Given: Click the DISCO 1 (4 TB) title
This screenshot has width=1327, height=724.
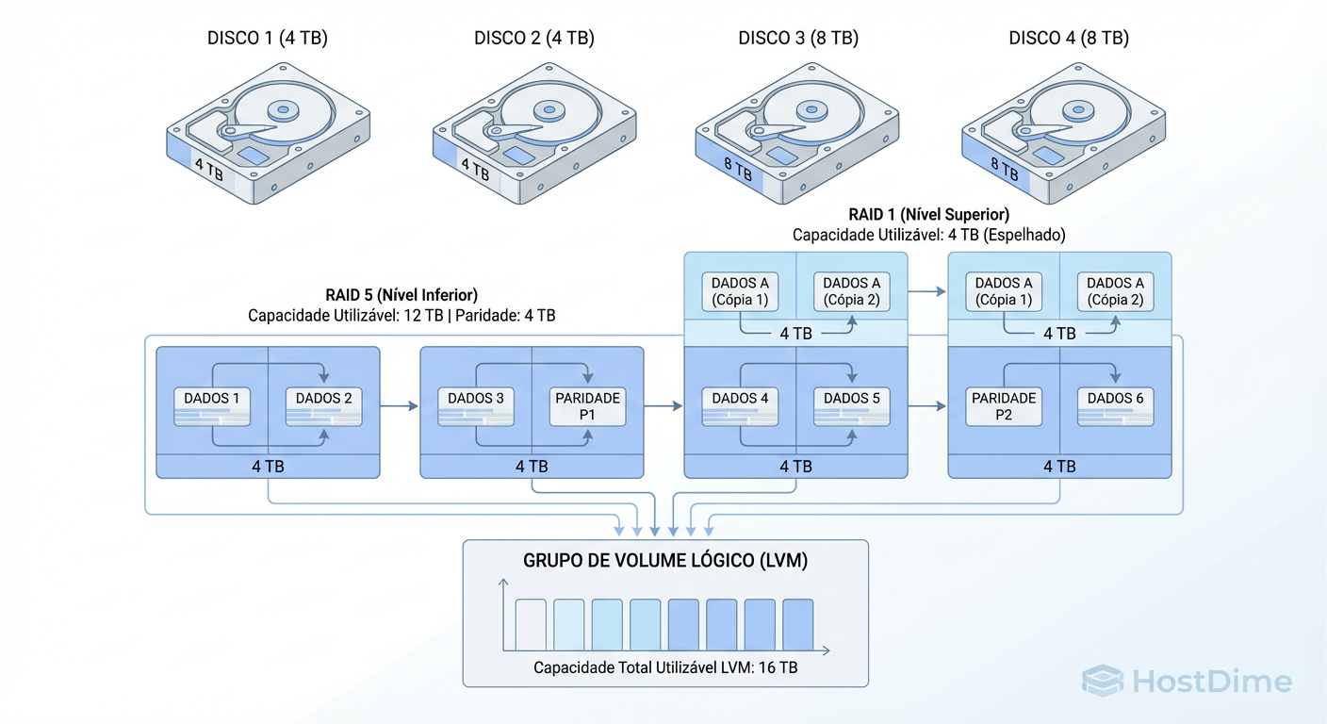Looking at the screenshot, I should (268, 39).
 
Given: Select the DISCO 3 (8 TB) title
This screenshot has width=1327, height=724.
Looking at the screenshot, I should (798, 39).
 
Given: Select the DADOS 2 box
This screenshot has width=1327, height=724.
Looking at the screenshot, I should (324, 406).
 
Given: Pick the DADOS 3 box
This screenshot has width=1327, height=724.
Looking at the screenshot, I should (476, 406).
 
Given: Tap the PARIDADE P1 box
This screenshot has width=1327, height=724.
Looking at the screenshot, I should (588, 406).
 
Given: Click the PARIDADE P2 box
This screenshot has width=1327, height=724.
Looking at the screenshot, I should (1004, 406).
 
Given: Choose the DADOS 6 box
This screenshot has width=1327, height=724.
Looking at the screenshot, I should (1116, 406).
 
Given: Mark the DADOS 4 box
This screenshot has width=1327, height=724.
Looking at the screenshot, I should (740, 406).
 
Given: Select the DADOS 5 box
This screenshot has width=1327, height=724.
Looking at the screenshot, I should (852, 406).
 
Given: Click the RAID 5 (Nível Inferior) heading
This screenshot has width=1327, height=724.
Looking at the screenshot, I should (401, 295).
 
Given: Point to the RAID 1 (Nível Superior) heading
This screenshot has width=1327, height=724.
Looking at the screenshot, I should (929, 215).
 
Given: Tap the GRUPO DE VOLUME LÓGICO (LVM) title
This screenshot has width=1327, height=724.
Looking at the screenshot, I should (665, 561).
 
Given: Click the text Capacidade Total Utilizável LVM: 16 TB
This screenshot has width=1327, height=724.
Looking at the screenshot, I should (665, 667).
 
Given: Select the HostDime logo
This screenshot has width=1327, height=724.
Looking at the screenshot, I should (1187, 681).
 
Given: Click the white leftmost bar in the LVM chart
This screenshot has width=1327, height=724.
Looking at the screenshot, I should (531, 624).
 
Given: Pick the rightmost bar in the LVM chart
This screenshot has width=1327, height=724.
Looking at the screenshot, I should (797, 624).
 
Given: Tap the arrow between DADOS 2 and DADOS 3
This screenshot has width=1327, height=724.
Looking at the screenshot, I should (400, 406).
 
